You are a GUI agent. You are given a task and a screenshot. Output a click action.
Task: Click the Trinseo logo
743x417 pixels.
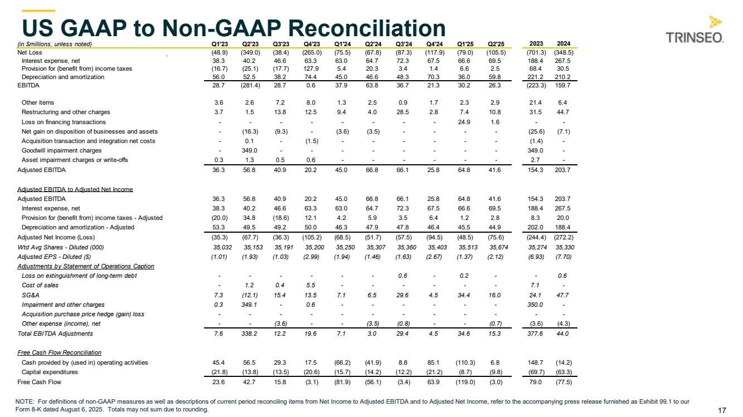[695, 30]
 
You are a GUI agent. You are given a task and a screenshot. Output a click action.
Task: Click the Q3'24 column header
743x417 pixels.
[403, 44]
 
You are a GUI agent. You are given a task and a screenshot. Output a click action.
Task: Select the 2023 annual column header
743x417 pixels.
[536, 44]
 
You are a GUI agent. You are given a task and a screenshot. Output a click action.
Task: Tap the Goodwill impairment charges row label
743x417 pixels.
[61, 150]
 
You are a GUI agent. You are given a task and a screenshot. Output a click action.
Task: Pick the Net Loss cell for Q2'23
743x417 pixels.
[249, 52]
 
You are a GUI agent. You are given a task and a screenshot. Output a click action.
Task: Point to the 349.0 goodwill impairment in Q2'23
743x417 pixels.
[249, 150]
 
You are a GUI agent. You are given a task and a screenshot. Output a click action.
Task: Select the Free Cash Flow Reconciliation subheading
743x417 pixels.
[60, 352]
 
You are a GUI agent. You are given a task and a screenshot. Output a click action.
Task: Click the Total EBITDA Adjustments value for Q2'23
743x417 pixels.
[249, 333]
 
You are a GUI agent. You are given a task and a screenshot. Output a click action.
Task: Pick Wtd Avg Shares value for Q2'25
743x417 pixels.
[494, 247]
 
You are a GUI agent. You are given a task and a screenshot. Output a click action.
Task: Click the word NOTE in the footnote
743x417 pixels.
[27, 401]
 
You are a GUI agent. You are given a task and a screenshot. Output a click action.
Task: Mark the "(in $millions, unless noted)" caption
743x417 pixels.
[54, 44]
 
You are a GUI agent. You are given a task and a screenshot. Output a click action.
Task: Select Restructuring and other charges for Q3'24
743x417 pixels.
[402, 112]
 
